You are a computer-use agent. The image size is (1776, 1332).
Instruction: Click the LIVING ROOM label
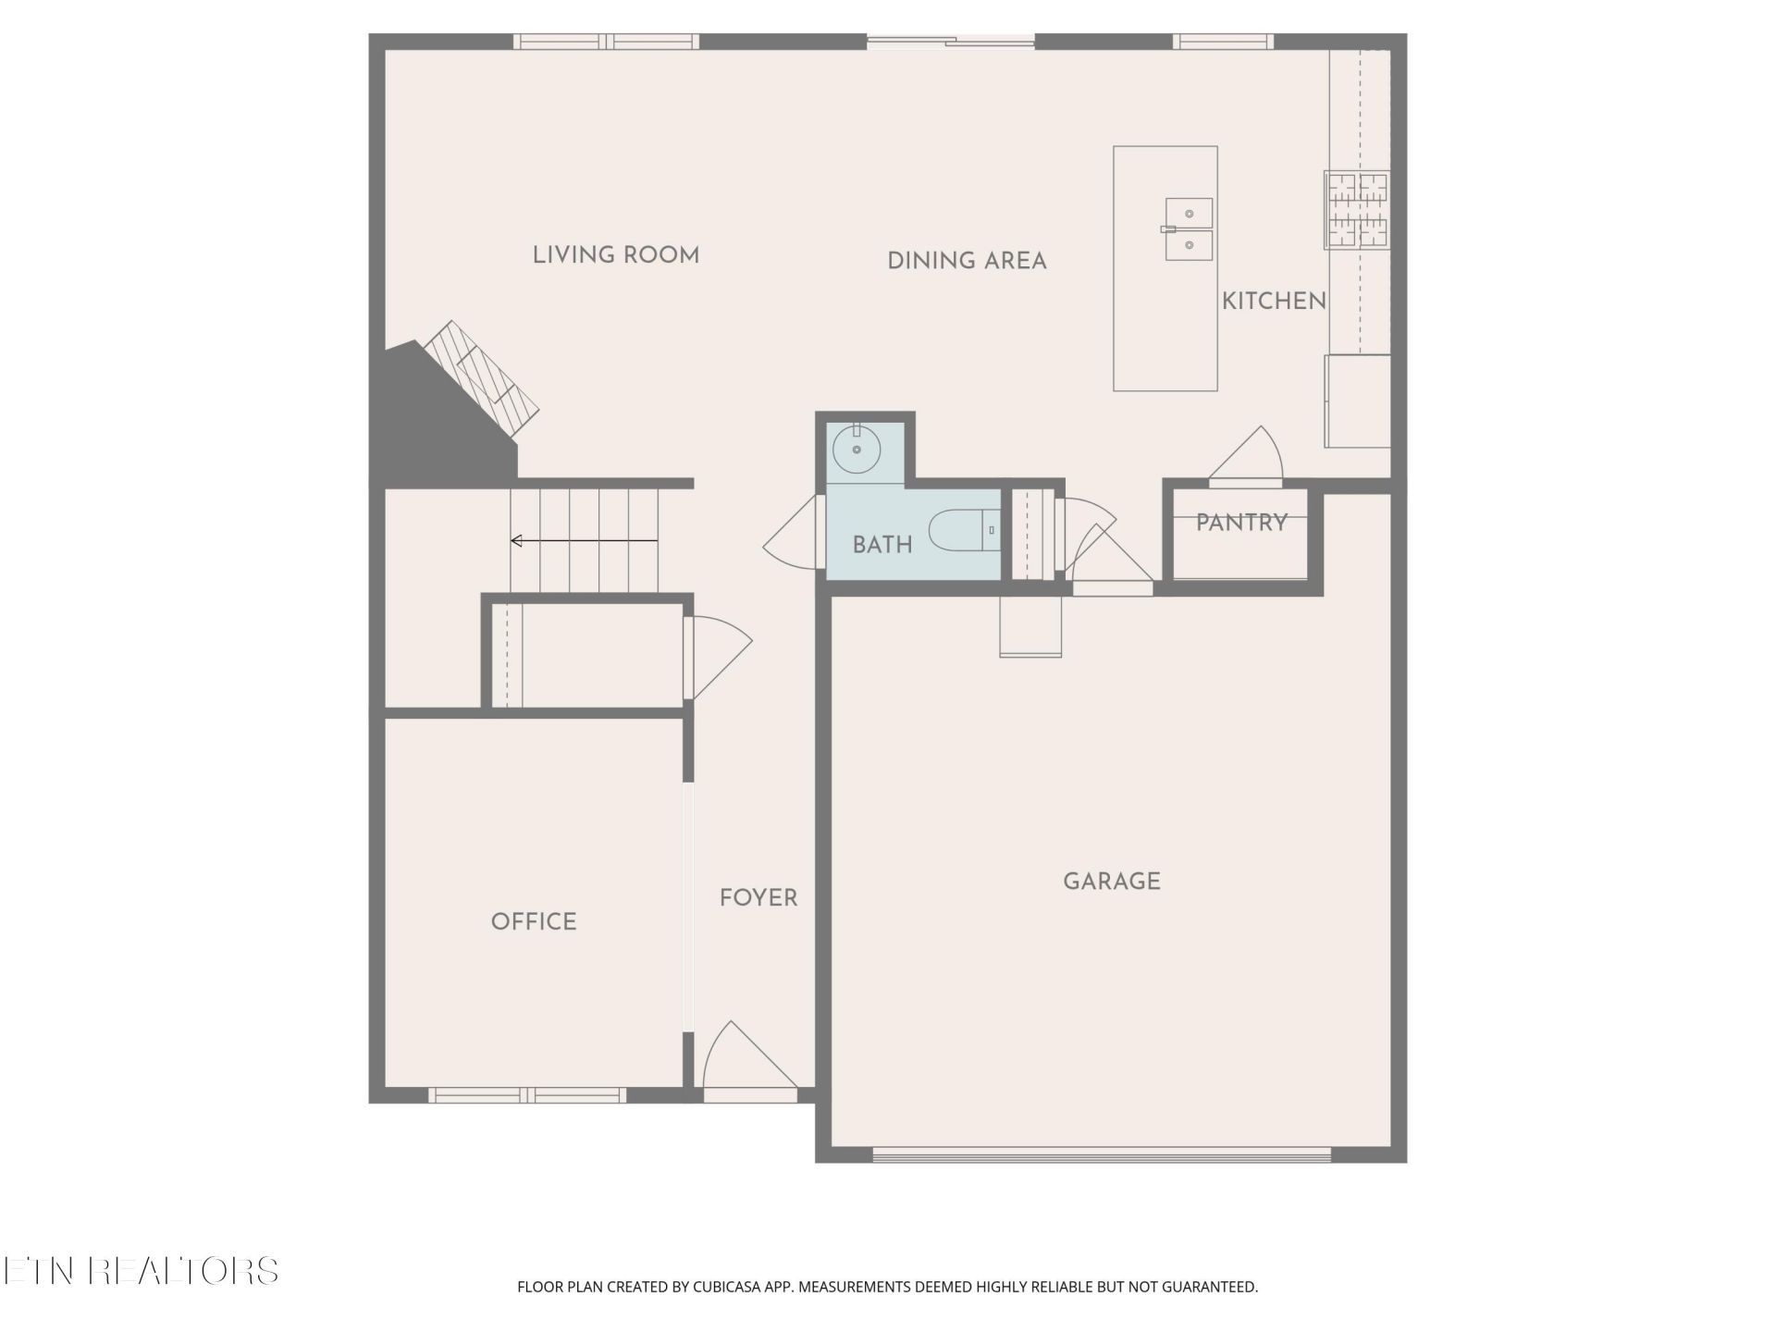616,255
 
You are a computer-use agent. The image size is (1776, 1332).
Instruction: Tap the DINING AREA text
967,261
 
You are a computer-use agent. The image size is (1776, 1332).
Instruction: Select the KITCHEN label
1274,301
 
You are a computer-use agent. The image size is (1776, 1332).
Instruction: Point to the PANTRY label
1241,523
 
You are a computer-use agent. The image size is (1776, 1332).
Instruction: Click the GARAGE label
1112,882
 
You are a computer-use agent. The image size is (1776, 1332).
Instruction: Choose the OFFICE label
534,921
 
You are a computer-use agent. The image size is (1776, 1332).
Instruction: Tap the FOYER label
758,897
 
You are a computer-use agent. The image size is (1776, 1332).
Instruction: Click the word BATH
882,545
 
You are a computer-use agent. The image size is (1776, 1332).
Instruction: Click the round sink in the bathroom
857,450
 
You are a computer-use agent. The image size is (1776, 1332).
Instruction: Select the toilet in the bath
965,530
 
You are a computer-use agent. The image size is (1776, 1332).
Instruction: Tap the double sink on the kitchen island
1189,228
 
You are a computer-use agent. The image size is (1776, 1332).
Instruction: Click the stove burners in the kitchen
1357,210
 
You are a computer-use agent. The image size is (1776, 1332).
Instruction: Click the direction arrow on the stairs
584,541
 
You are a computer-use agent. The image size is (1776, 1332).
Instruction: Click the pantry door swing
1246,457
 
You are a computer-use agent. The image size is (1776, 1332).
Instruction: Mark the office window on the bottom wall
527,1095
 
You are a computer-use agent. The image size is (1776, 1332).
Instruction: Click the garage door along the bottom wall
1102,1154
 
